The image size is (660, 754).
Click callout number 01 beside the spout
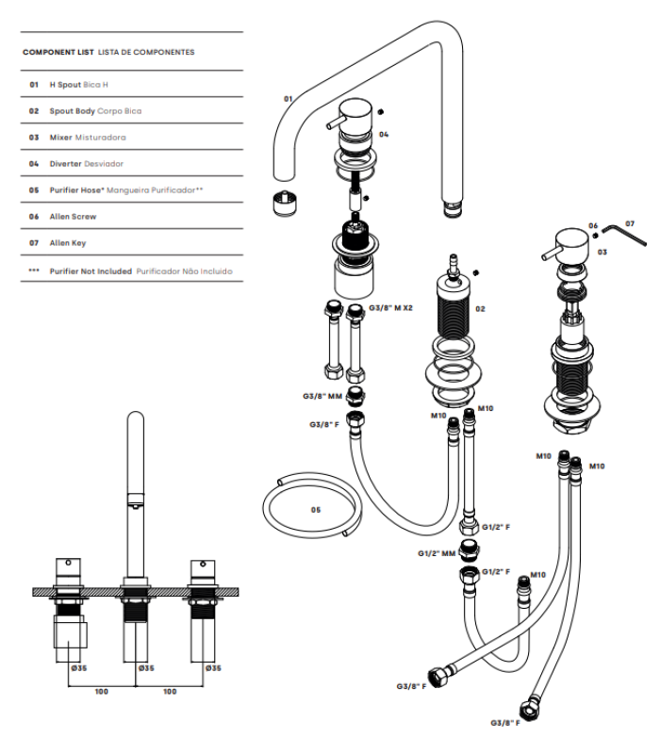[x=288, y=97]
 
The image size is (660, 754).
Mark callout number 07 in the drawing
[x=630, y=223]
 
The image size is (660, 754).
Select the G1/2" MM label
[x=435, y=552]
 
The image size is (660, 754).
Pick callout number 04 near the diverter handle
[x=384, y=135]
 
